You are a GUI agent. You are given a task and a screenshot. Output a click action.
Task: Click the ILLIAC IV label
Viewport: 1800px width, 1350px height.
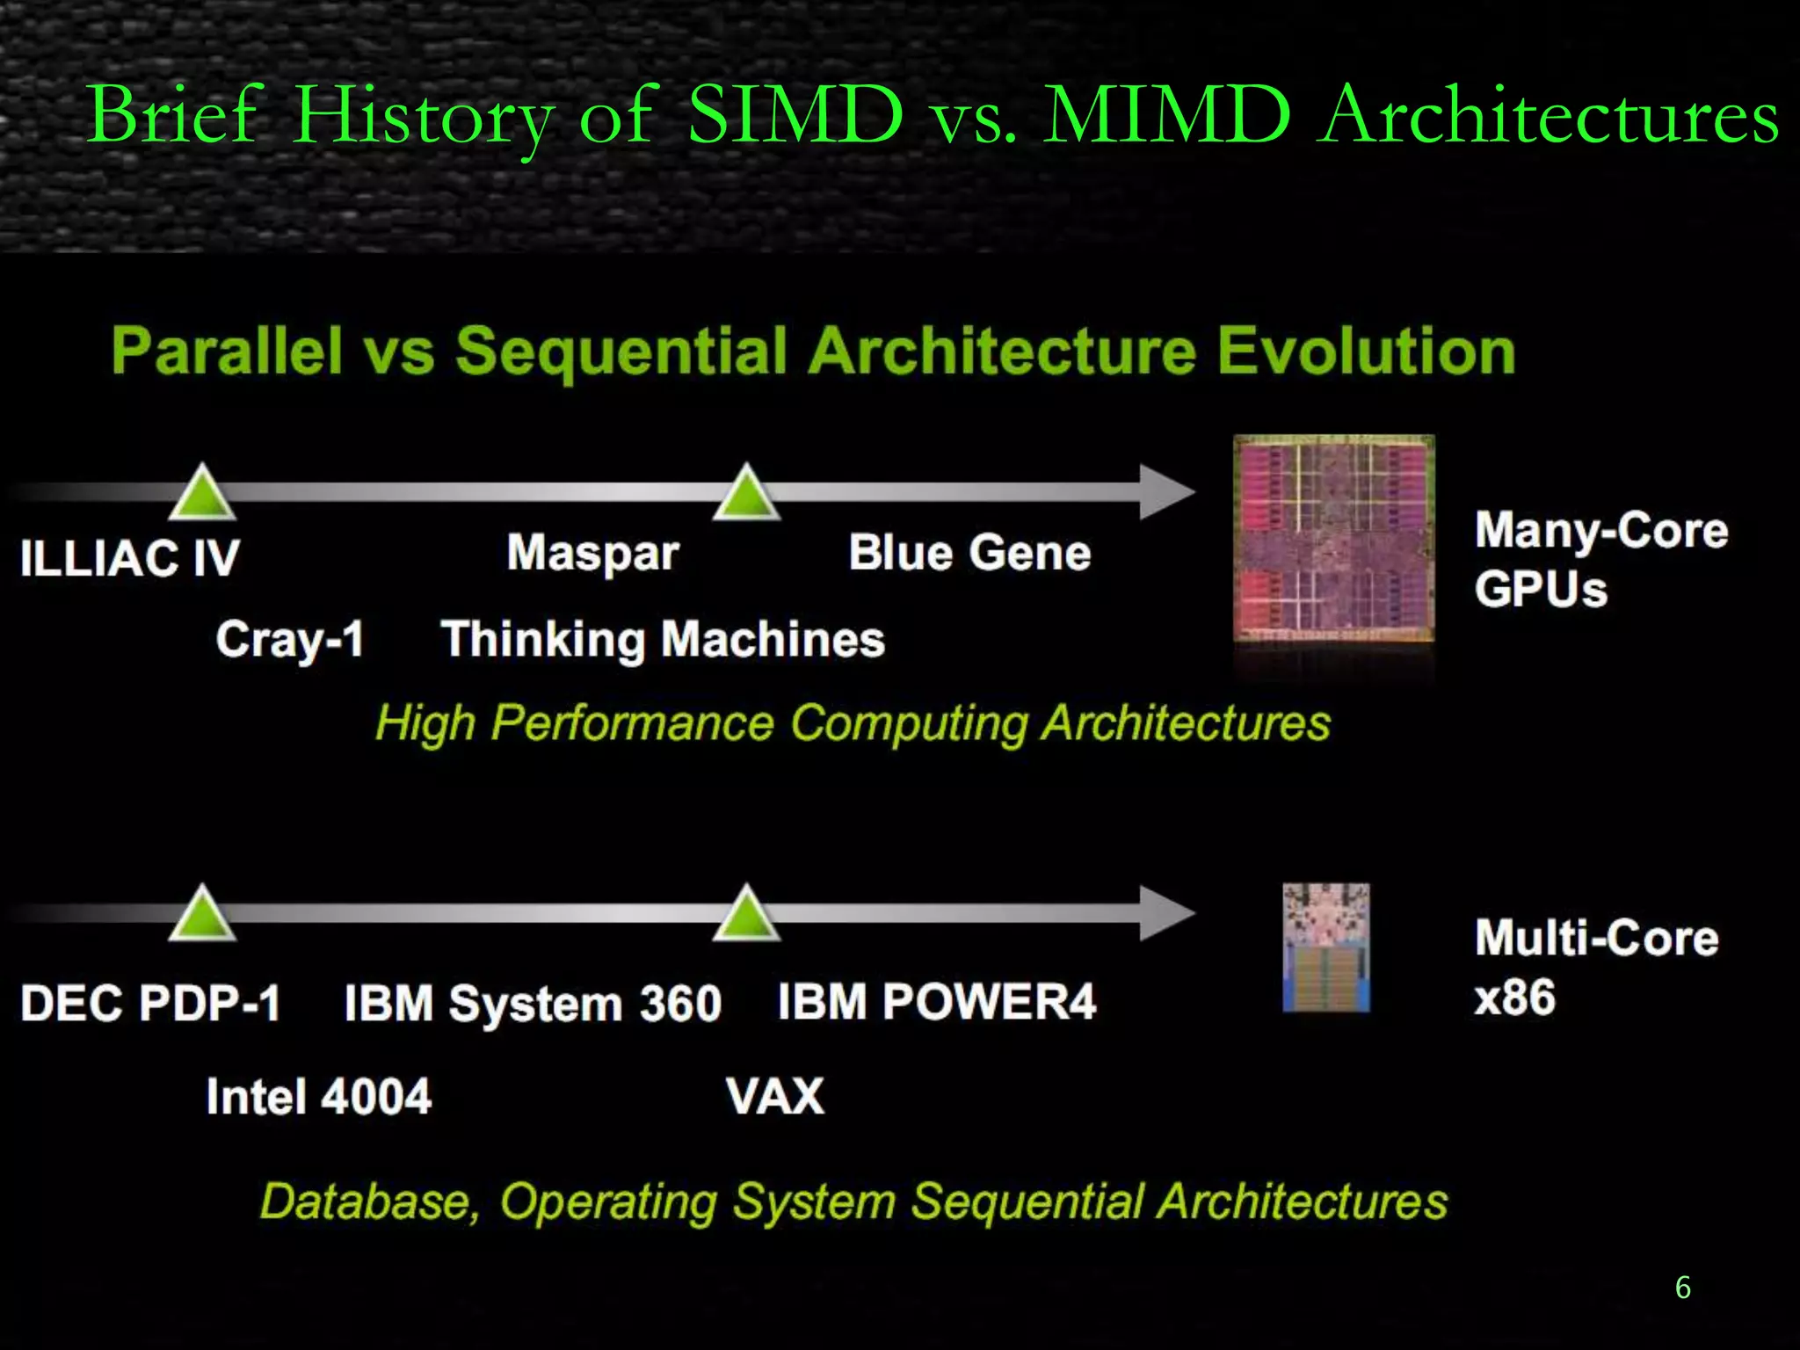pos(129,557)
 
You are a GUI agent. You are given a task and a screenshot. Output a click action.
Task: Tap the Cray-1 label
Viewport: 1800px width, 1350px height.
pos(289,639)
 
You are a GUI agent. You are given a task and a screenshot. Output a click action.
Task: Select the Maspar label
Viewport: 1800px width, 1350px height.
pos(593,553)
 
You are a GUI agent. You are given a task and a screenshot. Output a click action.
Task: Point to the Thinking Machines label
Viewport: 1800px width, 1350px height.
pos(663,639)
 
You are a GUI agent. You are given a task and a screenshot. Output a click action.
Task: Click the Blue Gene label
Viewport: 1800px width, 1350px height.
pos(969,553)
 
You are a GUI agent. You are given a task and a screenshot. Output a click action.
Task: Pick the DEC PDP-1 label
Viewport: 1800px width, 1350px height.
pos(150,1003)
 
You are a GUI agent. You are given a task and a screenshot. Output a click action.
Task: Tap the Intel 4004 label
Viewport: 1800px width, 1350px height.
pos(318,1097)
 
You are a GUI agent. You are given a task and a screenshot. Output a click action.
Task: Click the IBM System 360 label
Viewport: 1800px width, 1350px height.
pos(533,1003)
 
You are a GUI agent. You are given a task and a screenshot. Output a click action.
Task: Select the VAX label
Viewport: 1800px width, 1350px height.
pos(775,1097)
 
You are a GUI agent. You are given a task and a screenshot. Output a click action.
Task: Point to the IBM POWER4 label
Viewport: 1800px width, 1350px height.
pos(937,1001)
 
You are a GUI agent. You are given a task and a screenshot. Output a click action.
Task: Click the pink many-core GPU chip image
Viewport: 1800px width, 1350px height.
pos(1333,539)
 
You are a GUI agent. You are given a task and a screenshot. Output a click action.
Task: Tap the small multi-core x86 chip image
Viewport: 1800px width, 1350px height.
pos(1325,947)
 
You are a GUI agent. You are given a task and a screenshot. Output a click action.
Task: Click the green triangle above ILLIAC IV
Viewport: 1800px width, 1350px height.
pos(203,495)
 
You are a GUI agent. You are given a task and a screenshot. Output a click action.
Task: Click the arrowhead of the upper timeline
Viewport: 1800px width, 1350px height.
pos(1165,491)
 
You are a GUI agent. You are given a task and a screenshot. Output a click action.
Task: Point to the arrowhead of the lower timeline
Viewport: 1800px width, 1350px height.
pos(1165,913)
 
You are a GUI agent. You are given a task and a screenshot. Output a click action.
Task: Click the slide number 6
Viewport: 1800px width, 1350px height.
pos(1682,1288)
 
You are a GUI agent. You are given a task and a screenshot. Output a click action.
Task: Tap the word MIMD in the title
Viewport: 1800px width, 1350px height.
pos(1166,114)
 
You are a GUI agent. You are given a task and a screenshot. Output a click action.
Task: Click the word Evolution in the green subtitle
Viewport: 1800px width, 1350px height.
pos(1366,352)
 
